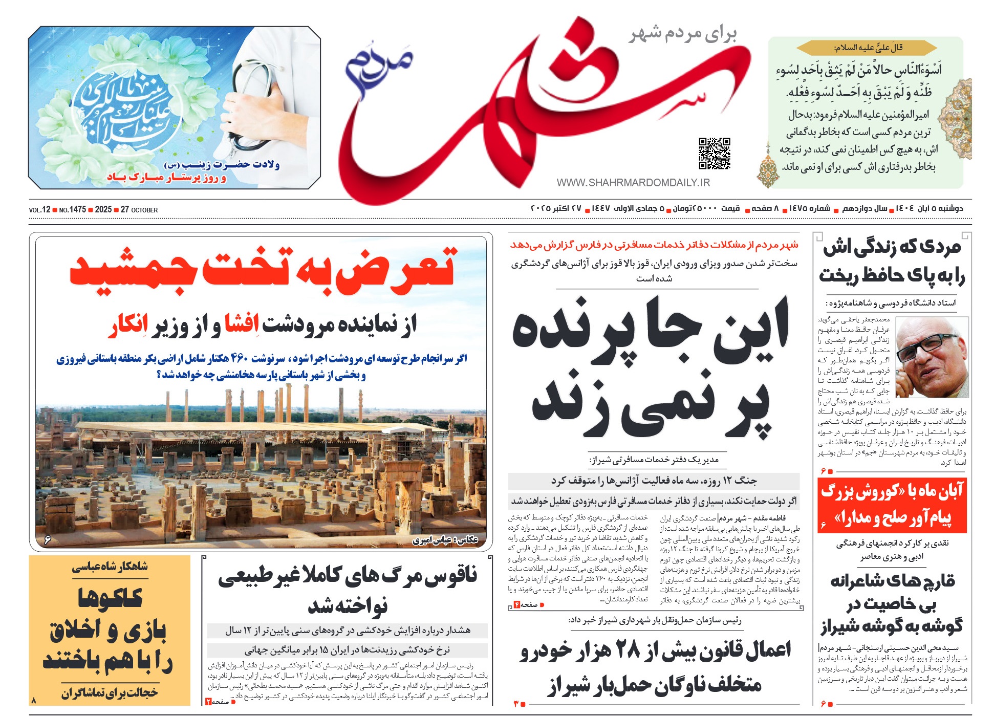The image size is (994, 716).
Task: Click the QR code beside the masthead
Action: tap(714, 153)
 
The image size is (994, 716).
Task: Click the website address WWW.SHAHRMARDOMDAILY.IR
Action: tap(633, 183)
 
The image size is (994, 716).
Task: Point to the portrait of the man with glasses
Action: tap(933, 357)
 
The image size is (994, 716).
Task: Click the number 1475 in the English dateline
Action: tap(77, 210)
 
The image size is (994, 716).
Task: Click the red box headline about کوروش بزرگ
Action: tap(892, 505)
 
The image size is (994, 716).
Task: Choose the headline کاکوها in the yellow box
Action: tap(110, 598)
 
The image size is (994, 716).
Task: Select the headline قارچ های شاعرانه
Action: tap(892, 581)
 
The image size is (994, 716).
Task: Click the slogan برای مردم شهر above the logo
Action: tap(683, 34)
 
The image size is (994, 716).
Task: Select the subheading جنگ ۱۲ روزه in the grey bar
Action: tap(653, 481)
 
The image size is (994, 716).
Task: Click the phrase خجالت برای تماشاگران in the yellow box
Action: tap(110, 693)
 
